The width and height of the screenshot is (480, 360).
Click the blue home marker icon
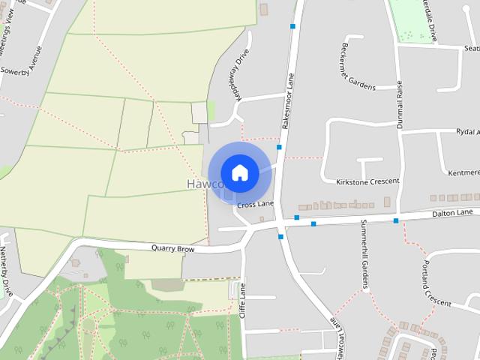click(239, 172)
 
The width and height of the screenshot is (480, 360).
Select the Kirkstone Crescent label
click(367, 181)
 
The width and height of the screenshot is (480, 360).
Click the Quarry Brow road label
click(172, 247)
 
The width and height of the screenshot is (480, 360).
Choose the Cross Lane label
click(255, 204)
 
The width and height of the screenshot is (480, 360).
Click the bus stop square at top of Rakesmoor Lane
click(292, 26)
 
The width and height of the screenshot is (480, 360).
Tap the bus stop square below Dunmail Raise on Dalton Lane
click(395, 220)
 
